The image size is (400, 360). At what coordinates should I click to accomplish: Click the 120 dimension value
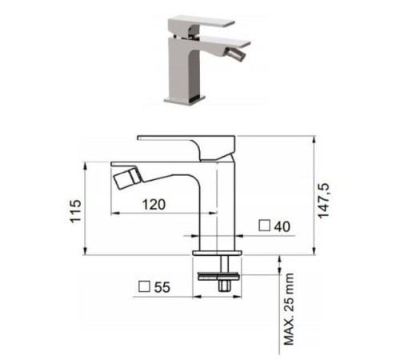point(154,205)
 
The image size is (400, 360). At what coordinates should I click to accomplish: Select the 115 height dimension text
point(75,210)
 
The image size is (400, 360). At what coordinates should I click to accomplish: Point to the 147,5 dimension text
point(324,201)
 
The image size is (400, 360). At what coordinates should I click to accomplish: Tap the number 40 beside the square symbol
point(282,226)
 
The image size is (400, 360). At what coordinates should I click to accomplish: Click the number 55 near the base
point(162,287)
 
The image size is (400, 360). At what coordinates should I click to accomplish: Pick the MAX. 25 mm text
point(289,309)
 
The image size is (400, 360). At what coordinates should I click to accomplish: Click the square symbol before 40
point(265,226)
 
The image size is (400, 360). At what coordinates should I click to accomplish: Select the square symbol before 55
point(144,286)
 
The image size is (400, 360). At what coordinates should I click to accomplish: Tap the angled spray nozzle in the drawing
point(127,177)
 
